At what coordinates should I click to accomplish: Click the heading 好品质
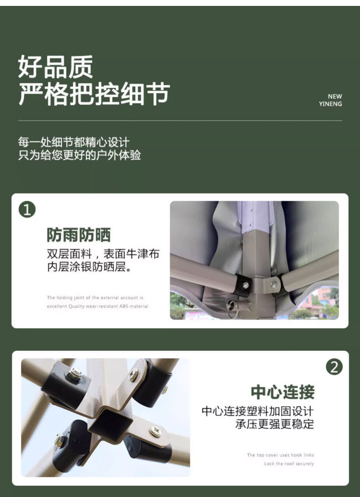(x=56, y=67)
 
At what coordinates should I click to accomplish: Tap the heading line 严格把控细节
(x=94, y=95)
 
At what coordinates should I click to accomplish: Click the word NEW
(x=334, y=96)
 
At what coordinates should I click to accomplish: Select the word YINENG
(x=330, y=104)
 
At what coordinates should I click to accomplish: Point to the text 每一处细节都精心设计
(x=74, y=142)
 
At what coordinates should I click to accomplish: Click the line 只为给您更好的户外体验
(x=79, y=155)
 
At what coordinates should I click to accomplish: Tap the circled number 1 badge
(x=27, y=210)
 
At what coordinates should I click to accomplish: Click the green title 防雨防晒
(x=78, y=235)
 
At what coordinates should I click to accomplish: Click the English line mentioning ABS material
(x=97, y=306)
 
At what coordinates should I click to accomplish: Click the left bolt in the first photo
(x=246, y=285)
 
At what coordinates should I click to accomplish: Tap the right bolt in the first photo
(x=273, y=285)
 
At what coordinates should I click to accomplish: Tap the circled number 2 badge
(x=334, y=367)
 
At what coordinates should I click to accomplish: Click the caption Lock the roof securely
(x=289, y=464)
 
